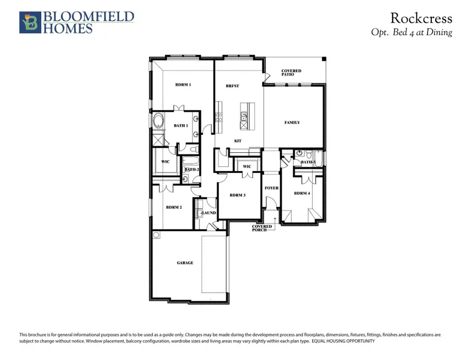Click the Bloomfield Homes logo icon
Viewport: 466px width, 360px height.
pyautogui.click(x=29, y=22)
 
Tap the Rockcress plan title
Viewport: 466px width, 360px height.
pyautogui.click(x=421, y=19)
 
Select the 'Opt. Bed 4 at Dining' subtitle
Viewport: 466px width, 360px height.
pyautogui.click(x=412, y=32)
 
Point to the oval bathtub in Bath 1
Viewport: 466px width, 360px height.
pyautogui.click(x=158, y=123)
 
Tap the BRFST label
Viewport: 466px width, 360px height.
pyautogui.click(x=232, y=86)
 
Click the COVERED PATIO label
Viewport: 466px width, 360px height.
pyautogui.click(x=291, y=73)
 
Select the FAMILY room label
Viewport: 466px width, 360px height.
pyautogui.click(x=292, y=123)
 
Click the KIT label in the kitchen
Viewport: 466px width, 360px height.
pyautogui.click(x=238, y=141)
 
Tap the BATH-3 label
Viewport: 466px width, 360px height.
pyautogui.click(x=308, y=162)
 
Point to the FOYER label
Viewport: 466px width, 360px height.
pyautogui.click(x=271, y=189)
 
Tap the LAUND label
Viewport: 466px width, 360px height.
pyautogui.click(x=209, y=212)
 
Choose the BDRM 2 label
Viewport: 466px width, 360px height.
pyautogui.click(x=173, y=207)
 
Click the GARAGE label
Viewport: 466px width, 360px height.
pyautogui.click(x=185, y=263)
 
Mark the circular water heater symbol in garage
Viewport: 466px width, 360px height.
pyautogui.click(x=157, y=235)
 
